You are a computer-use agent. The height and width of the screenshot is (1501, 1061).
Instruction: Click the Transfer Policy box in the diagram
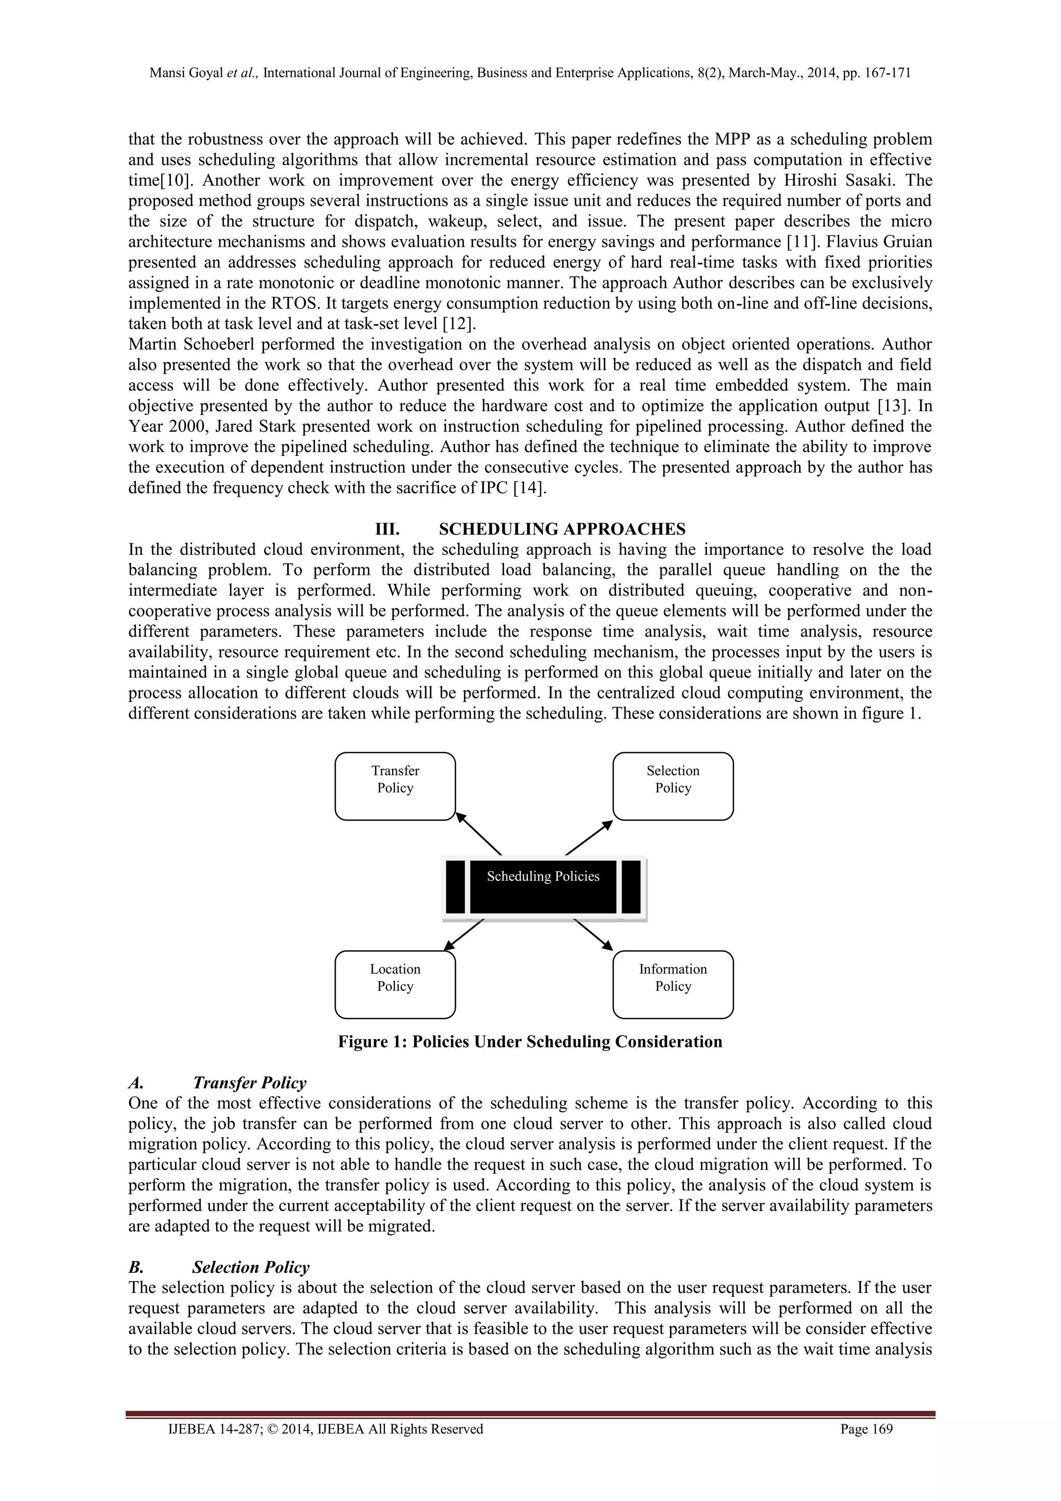[395, 786]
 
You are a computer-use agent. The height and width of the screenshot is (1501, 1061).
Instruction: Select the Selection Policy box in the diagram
[672, 786]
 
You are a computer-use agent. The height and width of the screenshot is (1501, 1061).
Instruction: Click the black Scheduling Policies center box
[543, 887]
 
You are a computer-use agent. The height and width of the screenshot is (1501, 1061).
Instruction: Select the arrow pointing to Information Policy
[593, 934]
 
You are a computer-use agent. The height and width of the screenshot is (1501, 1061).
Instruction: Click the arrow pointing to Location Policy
[464, 934]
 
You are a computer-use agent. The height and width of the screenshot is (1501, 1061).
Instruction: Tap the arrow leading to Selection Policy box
[589, 837]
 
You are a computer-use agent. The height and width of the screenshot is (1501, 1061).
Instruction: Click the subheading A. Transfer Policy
[249, 1083]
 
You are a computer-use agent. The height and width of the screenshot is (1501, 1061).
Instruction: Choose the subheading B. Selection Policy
[250, 1268]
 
